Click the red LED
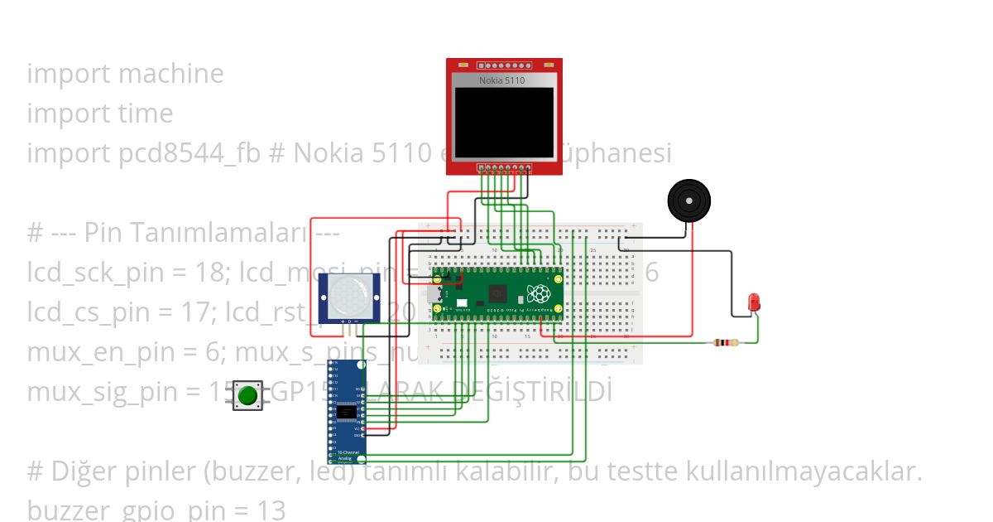click(x=754, y=302)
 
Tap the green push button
click(x=247, y=395)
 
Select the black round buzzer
click(x=688, y=201)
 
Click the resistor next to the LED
click(x=727, y=342)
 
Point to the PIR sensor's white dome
click(x=349, y=295)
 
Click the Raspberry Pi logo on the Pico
click(x=539, y=294)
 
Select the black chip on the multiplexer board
click(x=348, y=412)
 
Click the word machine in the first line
click(x=171, y=74)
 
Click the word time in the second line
click(x=146, y=114)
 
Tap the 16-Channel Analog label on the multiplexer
click(x=345, y=455)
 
